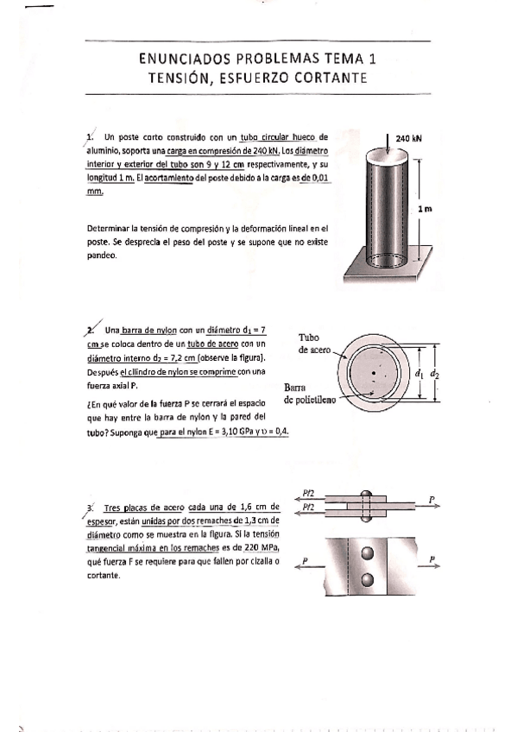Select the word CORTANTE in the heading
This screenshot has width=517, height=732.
(x=331, y=78)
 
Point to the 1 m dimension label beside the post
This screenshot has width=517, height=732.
(x=425, y=209)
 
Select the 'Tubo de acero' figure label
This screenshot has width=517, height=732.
(x=315, y=344)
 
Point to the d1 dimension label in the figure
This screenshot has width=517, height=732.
(x=419, y=374)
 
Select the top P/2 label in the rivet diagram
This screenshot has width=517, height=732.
(x=309, y=492)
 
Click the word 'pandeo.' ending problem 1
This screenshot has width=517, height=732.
(x=102, y=256)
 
